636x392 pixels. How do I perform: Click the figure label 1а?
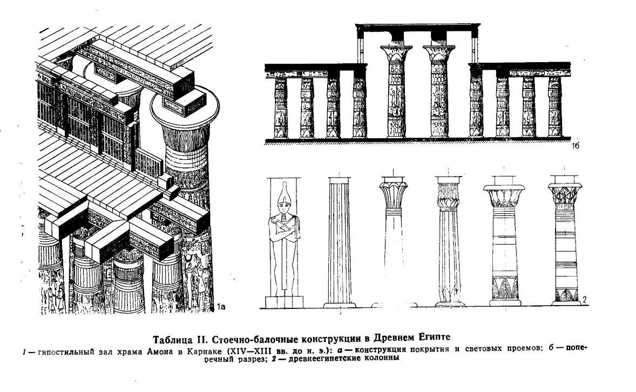click(x=221, y=307)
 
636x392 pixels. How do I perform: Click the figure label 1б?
click(x=575, y=146)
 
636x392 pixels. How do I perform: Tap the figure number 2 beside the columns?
click(x=585, y=300)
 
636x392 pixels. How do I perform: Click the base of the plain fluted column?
click(x=340, y=305)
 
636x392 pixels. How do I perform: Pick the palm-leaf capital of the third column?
click(x=394, y=194)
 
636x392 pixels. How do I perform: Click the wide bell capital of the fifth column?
click(x=504, y=196)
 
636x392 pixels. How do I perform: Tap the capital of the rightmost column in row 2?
click(x=565, y=193)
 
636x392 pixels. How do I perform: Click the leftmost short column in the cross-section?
click(x=281, y=107)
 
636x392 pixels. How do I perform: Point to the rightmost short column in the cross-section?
click(x=555, y=107)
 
